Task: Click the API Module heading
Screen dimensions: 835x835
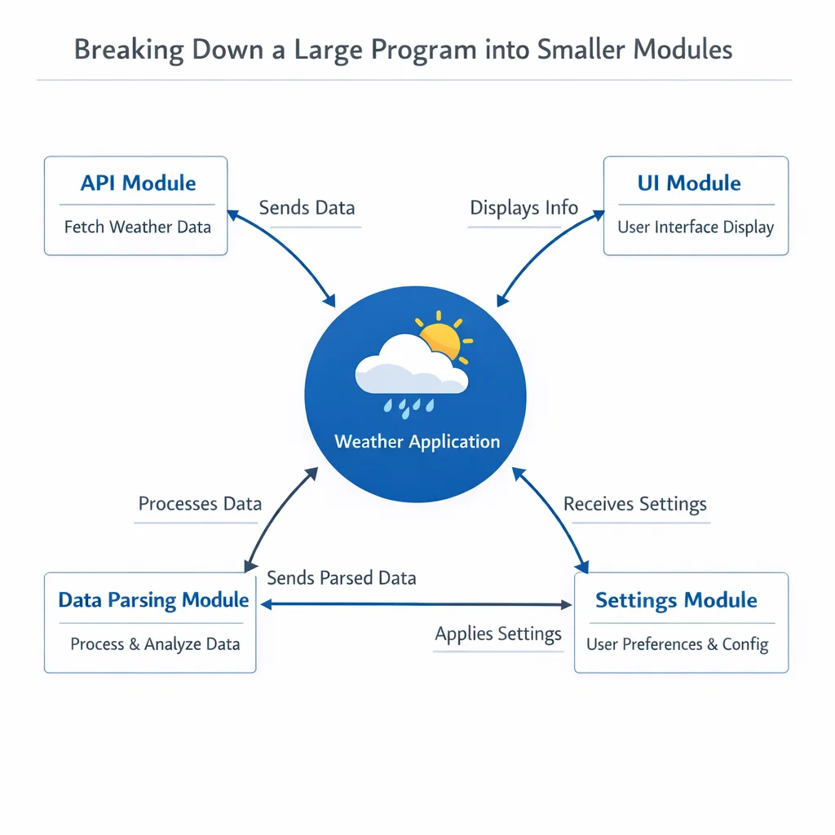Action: click(138, 183)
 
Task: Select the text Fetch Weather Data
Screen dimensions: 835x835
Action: click(138, 227)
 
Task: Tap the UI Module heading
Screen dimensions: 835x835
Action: click(689, 183)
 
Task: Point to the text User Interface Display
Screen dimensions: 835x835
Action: click(696, 227)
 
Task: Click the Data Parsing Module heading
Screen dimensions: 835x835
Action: click(153, 600)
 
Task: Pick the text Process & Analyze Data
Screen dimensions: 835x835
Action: click(155, 644)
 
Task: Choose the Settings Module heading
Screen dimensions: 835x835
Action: click(676, 600)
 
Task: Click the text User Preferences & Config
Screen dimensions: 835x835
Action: click(678, 644)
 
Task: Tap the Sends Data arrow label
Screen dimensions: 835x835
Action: click(307, 207)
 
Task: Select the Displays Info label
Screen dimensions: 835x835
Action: click(524, 207)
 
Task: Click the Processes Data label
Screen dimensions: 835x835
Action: click(200, 503)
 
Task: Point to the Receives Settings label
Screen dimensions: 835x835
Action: click(635, 504)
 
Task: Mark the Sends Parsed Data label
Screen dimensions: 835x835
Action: click(342, 578)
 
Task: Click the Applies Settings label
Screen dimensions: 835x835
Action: click(498, 634)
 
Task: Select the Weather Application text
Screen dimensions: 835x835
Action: click(417, 442)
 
